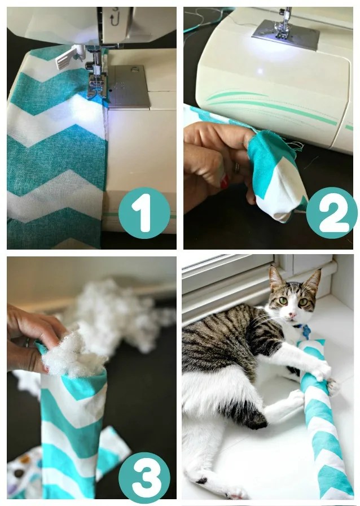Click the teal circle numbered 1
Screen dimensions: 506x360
pos(144,213)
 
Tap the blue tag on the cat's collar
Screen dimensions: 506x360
pos(306,331)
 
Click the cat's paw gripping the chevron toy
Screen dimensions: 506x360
pos(322,370)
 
